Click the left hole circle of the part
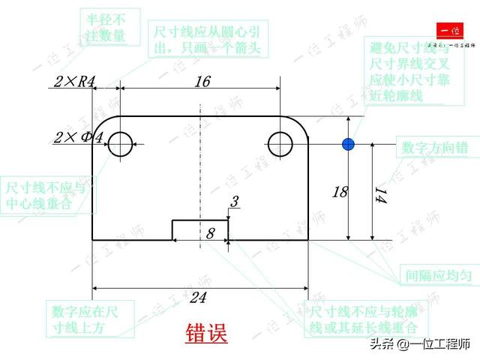point(119,144)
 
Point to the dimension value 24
point(197,298)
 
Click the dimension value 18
point(340,191)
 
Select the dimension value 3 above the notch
point(234,202)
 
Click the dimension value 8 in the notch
point(210,234)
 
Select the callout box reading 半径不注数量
point(106,28)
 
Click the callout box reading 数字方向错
point(435,147)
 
